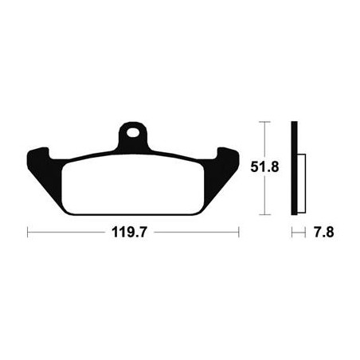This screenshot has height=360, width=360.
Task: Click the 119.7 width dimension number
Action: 129,233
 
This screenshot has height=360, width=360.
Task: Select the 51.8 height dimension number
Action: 264,167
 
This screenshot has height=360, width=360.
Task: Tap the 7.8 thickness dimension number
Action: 323,233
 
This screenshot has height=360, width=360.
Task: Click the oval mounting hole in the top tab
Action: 133,132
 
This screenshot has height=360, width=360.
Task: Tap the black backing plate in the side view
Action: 294,168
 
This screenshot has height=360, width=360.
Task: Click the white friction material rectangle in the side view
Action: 301,183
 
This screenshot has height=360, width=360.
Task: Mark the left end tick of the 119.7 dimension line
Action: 28,232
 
